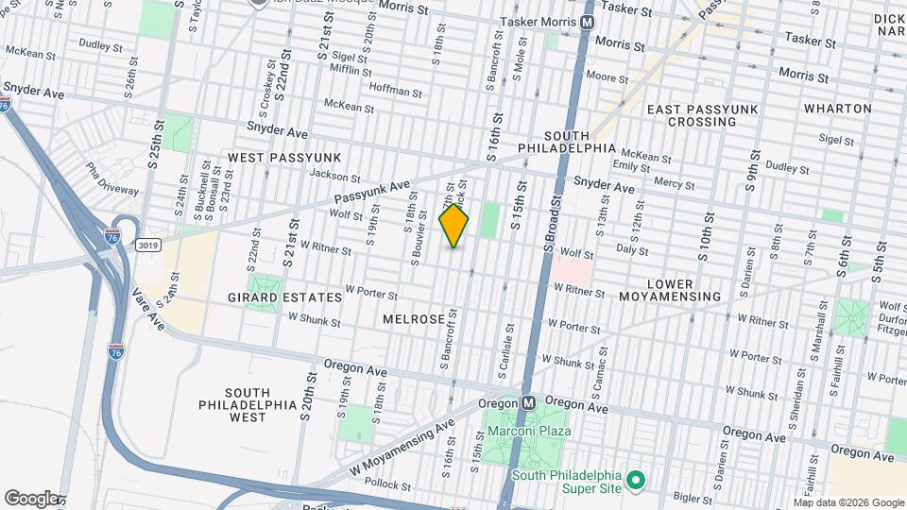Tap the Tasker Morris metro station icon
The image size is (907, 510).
pos(588,22)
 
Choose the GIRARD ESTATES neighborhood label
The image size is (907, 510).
pos(284,297)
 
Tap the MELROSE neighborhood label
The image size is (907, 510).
pos(413,320)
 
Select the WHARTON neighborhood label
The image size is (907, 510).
pos(838,109)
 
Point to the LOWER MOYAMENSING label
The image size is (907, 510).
pos(684,290)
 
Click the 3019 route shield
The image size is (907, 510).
pos(147,245)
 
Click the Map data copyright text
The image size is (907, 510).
pos(848,502)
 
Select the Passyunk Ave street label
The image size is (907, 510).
pos(374,192)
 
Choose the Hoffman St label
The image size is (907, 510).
pos(395,90)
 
